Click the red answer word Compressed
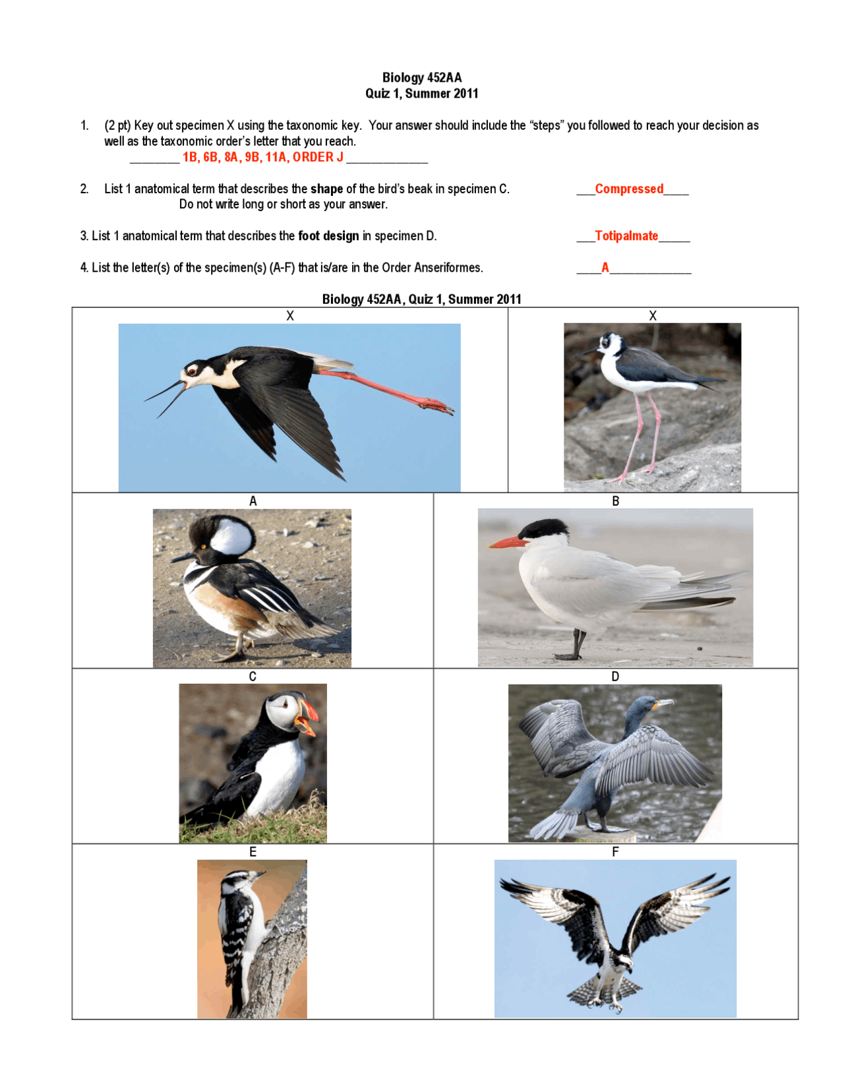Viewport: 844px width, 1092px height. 629,189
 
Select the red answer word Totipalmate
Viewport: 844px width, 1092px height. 626,236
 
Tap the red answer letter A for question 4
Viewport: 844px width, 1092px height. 605,268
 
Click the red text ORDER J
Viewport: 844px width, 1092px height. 318,157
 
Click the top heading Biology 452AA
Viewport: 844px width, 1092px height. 422,78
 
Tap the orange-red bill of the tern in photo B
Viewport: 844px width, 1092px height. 508,543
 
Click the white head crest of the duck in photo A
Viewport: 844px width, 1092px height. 231,536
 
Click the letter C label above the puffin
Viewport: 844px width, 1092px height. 253,677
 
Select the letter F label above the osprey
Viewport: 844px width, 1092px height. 615,852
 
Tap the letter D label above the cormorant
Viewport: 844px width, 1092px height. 615,677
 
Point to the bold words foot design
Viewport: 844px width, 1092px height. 328,236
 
